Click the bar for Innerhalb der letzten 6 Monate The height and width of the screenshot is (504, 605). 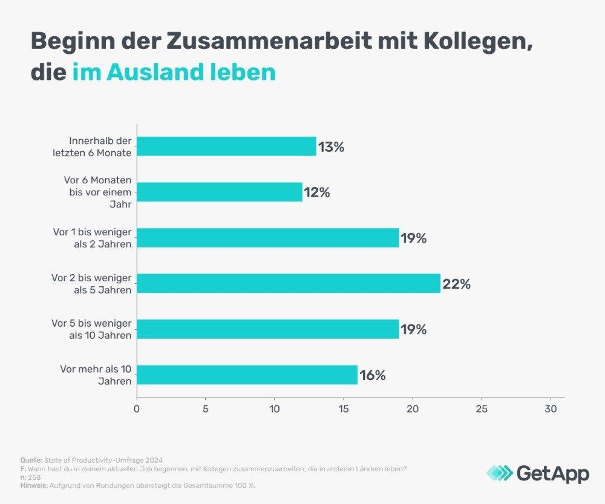tap(226, 146)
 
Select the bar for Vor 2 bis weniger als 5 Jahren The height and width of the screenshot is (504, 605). tap(289, 283)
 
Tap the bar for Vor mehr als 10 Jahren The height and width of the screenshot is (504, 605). tap(247, 375)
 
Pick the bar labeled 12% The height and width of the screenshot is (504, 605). tap(220, 192)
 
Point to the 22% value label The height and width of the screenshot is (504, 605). tap(456, 283)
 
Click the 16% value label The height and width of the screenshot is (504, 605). tap(373, 375)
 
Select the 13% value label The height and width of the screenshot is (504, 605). tap(330, 146)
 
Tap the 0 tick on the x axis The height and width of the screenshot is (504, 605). tap(137, 408)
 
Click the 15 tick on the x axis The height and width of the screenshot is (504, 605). tap(344, 408)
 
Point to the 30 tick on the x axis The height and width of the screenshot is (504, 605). tap(551, 408)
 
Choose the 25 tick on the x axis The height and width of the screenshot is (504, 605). tap(482, 408)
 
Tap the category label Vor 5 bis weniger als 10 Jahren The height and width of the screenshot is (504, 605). tap(92, 330)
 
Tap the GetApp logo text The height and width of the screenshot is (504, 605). tap(552, 473)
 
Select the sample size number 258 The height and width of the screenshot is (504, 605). tap(35, 477)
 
